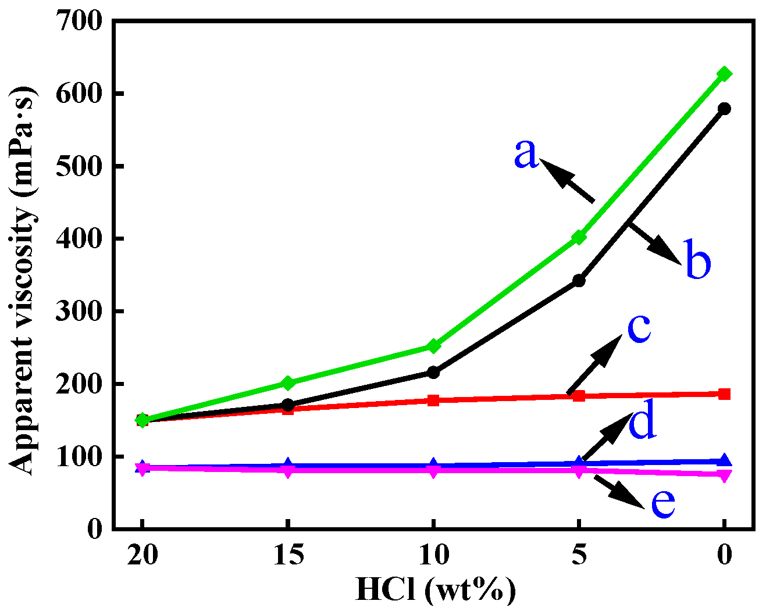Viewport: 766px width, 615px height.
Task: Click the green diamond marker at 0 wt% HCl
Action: pyautogui.click(x=724, y=74)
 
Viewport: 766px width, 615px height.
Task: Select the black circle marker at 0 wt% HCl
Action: pyautogui.click(x=724, y=109)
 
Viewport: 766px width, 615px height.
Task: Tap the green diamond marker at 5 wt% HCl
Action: pyautogui.click(x=579, y=237)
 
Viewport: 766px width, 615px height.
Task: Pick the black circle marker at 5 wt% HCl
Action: pyautogui.click(x=579, y=281)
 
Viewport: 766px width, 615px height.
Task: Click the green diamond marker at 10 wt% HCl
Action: pyautogui.click(x=433, y=346)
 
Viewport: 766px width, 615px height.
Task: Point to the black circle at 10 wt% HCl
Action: pyautogui.click(x=433, y=372)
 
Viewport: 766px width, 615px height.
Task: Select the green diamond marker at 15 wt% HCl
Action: pyautogui.click(x=288, y=382)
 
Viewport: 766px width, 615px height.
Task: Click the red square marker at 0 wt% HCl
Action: pyautogui.click(x=724, y=394)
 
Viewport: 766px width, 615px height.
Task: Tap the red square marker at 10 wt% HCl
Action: pyautogui.click(x=433, y=400)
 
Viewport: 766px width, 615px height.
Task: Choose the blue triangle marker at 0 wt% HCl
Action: pyautogui.click(x=724, y=461)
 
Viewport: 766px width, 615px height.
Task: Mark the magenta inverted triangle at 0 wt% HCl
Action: pyautogui.click(x=724, y=475)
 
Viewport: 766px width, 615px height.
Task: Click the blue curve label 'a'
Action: pyautogui.click(x=526, y=155)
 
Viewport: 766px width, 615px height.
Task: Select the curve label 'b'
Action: pyautogui.click(x=697, y=259)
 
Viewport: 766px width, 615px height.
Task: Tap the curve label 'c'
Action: pyautogui.click(x=639, y=327)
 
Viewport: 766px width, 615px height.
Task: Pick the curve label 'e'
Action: pyautogui.click(x=662, y=502)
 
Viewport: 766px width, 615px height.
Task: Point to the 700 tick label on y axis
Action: pyautogui.click(x=79, y=22)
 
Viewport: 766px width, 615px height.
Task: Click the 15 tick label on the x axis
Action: pyautogui.click(x=288, y=556)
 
